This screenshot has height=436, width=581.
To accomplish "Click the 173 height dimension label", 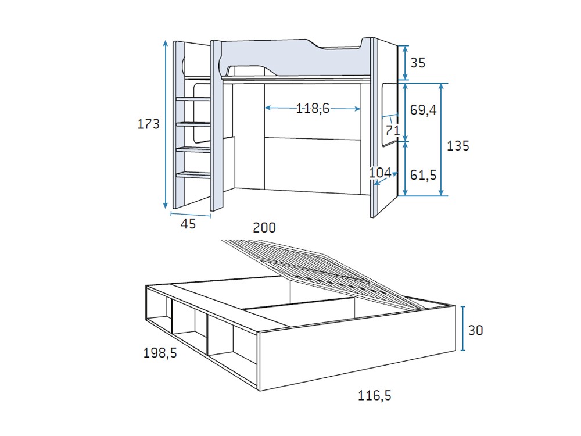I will click(148, 123).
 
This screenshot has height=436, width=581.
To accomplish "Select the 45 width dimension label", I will click(188, 224).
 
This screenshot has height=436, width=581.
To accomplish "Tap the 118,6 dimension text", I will click(313, 108).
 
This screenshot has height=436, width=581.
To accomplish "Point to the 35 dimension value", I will click(418, 62).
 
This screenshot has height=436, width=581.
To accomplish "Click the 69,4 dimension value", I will click(423, 110).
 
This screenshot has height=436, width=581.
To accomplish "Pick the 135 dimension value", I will click(458, 146).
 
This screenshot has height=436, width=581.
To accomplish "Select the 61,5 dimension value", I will click(423, 174).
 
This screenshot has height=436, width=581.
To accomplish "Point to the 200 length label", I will click(264, 228).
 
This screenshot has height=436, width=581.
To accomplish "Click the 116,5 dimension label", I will click(375, 396).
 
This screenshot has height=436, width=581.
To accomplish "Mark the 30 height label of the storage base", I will click(475, 330).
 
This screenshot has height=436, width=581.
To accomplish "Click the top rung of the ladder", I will click(193, 98).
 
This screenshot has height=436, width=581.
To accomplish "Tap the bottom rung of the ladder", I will click(193, 174).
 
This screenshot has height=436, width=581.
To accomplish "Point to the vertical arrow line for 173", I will click(166, 124).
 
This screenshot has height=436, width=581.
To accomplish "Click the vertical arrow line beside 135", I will click(442, 139).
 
